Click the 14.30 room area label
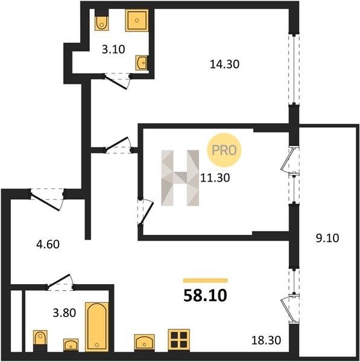224,64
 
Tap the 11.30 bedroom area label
215,178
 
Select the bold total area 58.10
205,296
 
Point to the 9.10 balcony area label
327,238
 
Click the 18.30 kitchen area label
266,340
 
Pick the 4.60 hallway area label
48,244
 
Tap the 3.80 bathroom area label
65,313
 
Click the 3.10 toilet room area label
113,49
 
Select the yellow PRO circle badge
224,150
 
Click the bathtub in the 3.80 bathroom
97,326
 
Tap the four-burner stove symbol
179,340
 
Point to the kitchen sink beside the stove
144,342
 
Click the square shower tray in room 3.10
137,21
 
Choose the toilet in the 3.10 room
101,20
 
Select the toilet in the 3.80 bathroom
40,341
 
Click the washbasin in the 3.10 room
142,62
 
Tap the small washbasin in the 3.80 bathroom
71,345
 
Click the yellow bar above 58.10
206,281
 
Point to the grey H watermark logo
180,178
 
